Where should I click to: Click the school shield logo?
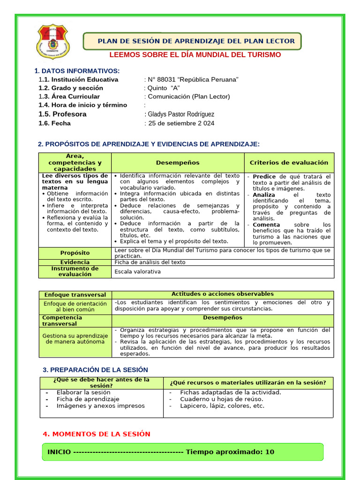click(53, 42)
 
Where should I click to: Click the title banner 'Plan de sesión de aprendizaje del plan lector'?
click(196, 41)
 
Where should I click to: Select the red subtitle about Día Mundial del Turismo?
click(195, 55)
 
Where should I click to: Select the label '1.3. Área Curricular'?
click(69, 97)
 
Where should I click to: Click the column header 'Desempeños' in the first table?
click(178, 163)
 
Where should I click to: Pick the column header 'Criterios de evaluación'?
click(289, 163)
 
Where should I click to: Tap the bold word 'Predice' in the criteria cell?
click(264, 176)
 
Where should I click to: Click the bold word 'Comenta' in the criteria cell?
click(266, 225)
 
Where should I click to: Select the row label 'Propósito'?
click(75, 253)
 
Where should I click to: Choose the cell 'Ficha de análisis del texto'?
click(150, 262)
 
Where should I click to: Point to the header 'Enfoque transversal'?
click(75, 295)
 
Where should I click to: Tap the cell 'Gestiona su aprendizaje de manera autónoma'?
click(75, 338)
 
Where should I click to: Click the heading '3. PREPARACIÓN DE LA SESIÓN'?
click(95, 370)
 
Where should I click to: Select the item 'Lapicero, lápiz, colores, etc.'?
click(222, 406)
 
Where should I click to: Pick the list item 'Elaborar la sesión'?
click(83, 392)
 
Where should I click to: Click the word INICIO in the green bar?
click(59, 452)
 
